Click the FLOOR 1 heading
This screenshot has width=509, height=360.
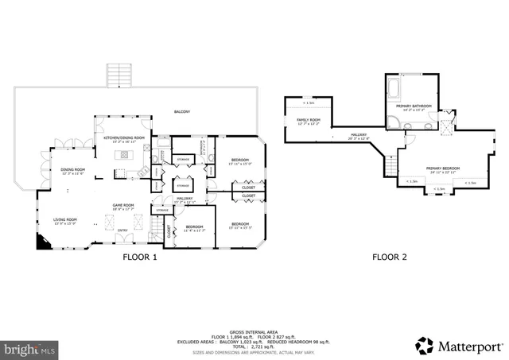coord(139,257)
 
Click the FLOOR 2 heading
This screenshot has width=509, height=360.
coord(390,257)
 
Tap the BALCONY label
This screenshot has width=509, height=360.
coord(182,112)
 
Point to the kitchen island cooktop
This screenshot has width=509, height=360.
coord(125,154)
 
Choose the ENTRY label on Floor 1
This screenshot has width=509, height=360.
coord(122,230)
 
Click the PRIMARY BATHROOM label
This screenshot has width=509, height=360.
coord(414,106)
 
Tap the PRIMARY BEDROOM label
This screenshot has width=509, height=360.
coord(443,168)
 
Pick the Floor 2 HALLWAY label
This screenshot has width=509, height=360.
coord(359,135)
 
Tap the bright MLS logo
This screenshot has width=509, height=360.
coord(30,348)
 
